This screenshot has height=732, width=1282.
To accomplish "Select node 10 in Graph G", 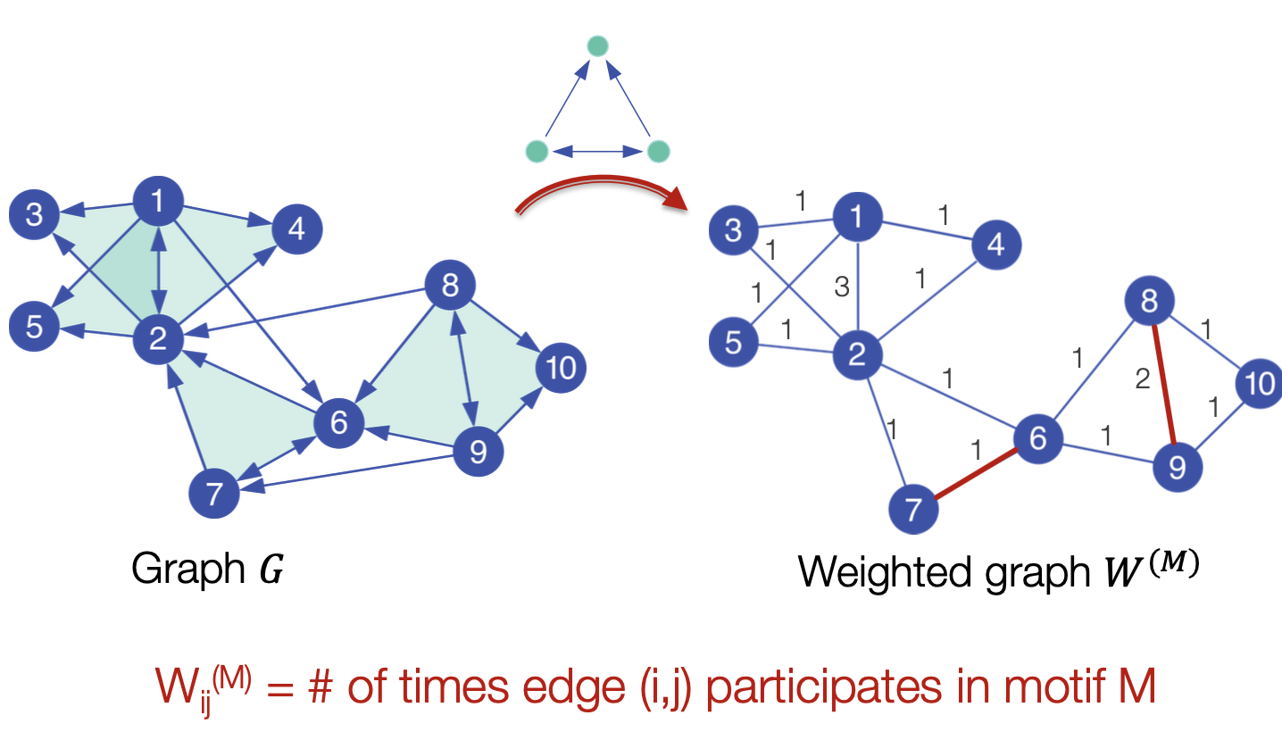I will [x=561, y=367].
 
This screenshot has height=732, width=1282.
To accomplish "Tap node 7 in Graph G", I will [x=214, y=494].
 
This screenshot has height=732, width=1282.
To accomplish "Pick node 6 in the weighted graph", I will [x=1036, y=438].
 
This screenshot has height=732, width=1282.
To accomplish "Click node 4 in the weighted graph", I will [x=996, y=244].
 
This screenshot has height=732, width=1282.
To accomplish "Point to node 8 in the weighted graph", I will [x=1149, y=302].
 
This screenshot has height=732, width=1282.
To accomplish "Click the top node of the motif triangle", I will [x=597, y=45].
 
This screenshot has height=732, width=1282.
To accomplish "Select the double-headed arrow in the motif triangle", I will [x=597, y=152].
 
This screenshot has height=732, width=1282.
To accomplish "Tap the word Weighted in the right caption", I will [x=887, y=572].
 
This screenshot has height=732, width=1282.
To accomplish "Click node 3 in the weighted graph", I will [x=733, y=231].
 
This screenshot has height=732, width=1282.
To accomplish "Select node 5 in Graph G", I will [x=34, y=327].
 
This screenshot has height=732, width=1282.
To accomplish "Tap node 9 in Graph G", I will [x=478, y=453].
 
